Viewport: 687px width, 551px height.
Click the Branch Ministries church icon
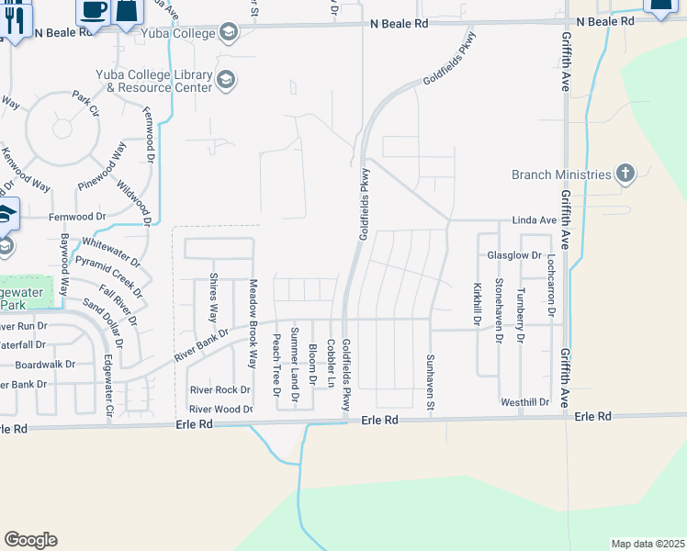click(625, 174)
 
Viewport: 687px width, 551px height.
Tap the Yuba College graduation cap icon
click(228, 34)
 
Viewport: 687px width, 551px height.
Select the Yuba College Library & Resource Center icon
click(225, 81)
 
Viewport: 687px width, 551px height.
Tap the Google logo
click(30, 539)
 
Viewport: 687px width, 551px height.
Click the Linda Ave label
click(535, 221)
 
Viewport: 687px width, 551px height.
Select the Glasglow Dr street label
click(515, 255)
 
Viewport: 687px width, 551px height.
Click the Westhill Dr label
click(524, 402)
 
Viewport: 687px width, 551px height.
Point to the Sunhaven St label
click(429, 383)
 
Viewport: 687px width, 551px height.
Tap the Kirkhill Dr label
click(478, 303)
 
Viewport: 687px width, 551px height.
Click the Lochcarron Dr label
click(552, 287)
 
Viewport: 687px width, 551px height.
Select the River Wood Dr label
click(220, 410)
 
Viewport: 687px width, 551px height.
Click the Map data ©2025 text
click(647, 544)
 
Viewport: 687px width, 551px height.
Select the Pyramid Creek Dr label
click(109, 276)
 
